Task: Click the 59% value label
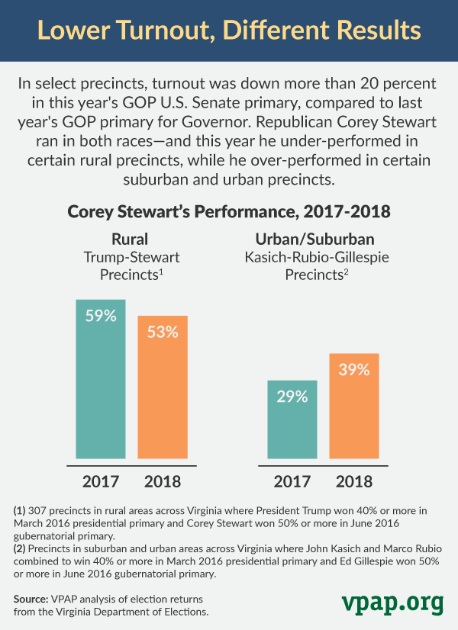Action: coord(100,315)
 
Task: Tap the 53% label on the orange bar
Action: coord(162,332)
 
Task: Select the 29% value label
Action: coord(292,397)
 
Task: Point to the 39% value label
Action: coord(353,370)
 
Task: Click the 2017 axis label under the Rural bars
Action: coord(100,481)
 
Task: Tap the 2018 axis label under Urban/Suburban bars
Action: coord(353,481)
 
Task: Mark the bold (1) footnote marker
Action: coord(20,509)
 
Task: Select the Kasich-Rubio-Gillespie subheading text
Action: coord(327,257)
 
